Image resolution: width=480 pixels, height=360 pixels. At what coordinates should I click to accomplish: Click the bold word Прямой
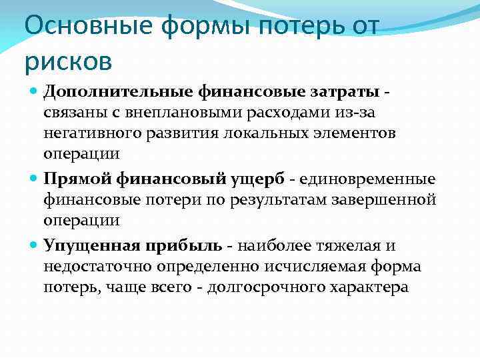tap(79, 179)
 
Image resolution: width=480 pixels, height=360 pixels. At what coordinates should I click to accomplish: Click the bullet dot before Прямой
tap(34, 179)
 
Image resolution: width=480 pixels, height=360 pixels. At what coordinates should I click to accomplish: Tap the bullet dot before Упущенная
tap(34, 245)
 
